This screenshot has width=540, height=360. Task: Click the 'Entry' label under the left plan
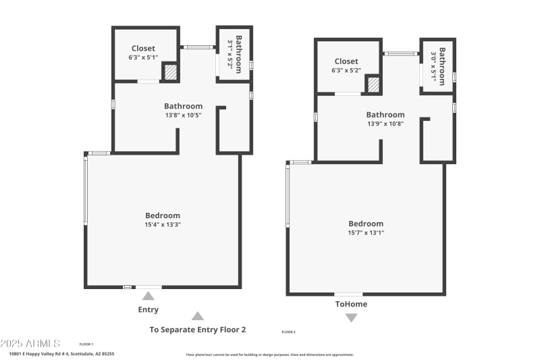tap(148, 310)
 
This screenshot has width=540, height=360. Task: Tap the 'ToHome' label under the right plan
tap(352, 304)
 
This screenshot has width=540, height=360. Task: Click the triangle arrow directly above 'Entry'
tap(148, 295)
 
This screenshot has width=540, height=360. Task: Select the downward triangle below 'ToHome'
tap(352, 317)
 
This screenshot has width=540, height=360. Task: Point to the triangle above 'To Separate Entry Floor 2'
tap(197, 315)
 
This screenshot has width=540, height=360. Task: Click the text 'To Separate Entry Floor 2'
tap(197, 330)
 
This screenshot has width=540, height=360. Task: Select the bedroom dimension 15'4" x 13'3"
tap(163, 224)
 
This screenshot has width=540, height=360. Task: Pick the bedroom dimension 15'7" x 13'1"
tap(366, 232)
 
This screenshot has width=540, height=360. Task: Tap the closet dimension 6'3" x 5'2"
tap(346, 70)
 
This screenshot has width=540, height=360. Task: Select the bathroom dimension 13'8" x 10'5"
tap(183, 115)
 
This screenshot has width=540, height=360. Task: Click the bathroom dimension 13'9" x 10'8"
tap(385, 124)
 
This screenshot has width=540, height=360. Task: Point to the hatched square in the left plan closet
tap(171, 72)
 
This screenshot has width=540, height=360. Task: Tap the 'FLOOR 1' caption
tap(86, 344)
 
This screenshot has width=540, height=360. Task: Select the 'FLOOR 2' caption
tap(288, 332)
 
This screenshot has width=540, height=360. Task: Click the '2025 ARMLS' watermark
tap(30, 344)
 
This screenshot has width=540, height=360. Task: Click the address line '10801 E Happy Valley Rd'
tap(61, 354)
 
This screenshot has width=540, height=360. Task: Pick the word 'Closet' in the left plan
tap(143, 49)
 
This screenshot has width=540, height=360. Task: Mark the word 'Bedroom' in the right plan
tap(366, 224)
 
